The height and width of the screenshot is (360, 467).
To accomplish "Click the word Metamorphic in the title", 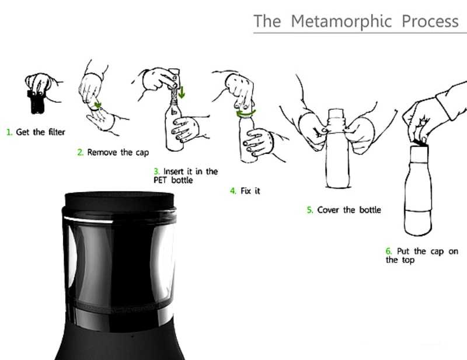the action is [x=341, y=22].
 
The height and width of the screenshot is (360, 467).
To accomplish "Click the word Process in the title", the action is [x=430, y=22].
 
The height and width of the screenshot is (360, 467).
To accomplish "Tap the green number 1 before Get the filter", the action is [x=9, y=132].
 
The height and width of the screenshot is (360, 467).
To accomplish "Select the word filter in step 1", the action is [x=57, y=132].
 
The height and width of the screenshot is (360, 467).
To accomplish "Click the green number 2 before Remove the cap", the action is [x=81, y=152].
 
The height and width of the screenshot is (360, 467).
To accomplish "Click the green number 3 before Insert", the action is [x=156, y=172].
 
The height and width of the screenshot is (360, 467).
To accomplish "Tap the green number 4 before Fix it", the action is [x=233, y=191].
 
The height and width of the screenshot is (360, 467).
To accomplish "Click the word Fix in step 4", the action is [x=246, y=191].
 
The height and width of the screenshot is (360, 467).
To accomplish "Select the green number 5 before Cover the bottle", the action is [x=310, y=210].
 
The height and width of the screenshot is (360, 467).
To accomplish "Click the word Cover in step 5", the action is [x=328, y=210].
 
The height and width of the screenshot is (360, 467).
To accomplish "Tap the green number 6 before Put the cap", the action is [x=389, y=251].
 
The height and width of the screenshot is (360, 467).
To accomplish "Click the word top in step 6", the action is [x=408, y=261].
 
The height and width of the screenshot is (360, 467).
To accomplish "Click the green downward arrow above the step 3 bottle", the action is [x=182, y=92].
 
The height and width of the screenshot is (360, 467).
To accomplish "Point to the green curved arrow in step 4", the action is [x=246, y=114].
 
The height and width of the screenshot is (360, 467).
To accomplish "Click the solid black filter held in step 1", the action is [x=36, y=102].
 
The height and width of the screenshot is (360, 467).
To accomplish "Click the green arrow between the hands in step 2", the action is [x=97, y=105].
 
